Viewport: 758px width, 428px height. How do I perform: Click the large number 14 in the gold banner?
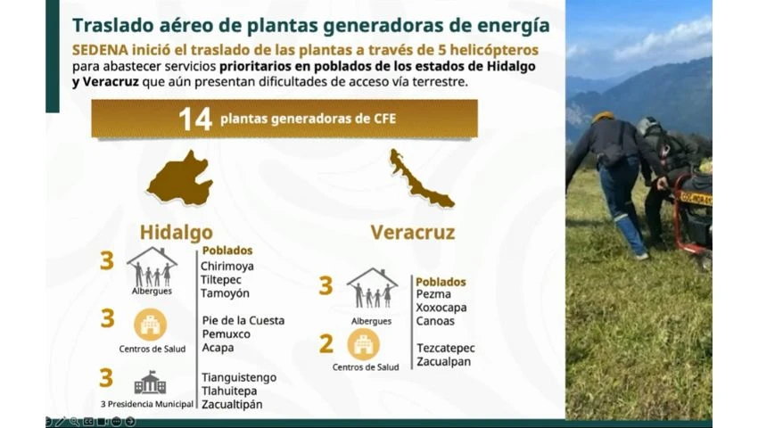(195, 119)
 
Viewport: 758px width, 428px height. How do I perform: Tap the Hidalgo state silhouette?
(180, 178)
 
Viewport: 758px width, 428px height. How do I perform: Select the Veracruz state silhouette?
(420, 178)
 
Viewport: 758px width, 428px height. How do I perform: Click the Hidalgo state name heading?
(177, 232)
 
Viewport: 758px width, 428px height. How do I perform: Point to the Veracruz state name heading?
(413, 232)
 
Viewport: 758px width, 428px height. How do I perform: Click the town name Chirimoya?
(227, 266)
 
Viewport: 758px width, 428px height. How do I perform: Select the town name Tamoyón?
(226, 293)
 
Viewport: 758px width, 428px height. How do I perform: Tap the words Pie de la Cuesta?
(243, 320)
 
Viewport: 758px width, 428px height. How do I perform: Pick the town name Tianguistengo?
(239, 377)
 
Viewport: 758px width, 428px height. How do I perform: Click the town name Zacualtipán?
(232, 404)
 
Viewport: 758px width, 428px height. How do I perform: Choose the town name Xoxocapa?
(441, 308)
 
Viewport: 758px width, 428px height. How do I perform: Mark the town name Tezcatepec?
(446, 349)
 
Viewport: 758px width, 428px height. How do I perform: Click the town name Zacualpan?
(443, 362)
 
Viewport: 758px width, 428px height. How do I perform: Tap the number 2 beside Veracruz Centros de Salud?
(326, 344)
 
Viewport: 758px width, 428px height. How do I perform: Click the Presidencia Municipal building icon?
(151, 383)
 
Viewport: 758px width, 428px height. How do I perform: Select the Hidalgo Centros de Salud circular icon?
(151, 325)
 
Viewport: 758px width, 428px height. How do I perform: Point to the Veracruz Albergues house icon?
(372, 288)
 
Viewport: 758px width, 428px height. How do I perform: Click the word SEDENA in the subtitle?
(100, 50)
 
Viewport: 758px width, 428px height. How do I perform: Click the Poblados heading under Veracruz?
(441, 282)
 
